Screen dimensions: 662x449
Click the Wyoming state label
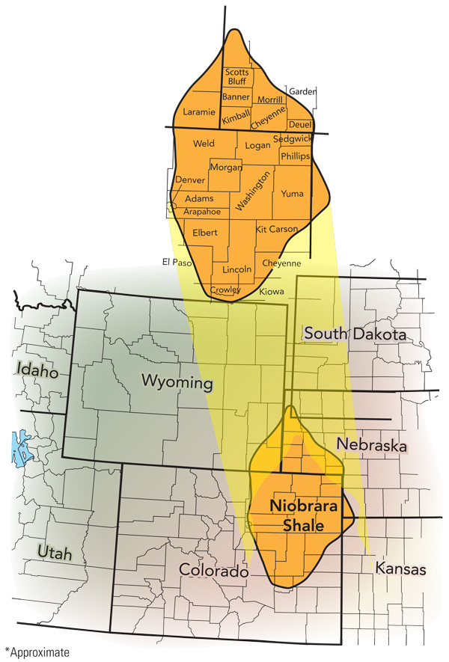[177, 382]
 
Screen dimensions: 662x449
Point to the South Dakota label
[355, 334]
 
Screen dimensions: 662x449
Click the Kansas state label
[400, 569]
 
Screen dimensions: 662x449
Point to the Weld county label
[204, 144]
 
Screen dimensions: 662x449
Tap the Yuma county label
[292, 194]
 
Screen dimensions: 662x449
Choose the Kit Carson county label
[276, 229]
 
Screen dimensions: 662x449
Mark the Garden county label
[303, 91]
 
